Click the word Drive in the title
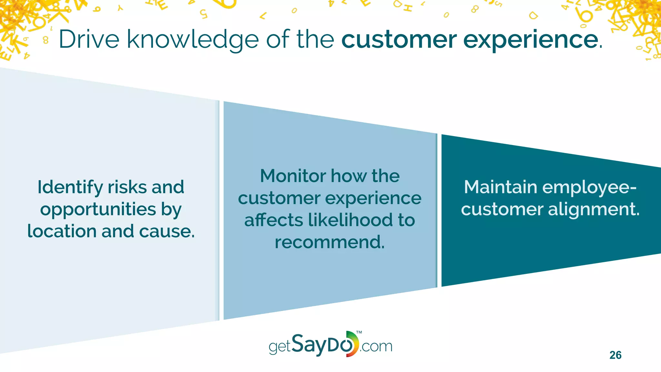coord(89,39)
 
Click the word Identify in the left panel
coord(70,188)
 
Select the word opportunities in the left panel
coord(98,210)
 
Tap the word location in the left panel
coord(62,231)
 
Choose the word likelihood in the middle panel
coord(350,220)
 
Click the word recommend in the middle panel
coord(330,242)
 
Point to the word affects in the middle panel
coord(273,220)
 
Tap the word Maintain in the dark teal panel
coord(500,187)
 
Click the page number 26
coord(615,355)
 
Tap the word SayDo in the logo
coord(323,345)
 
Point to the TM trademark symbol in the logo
coord(359,332)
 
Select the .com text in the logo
coord(376,347)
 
